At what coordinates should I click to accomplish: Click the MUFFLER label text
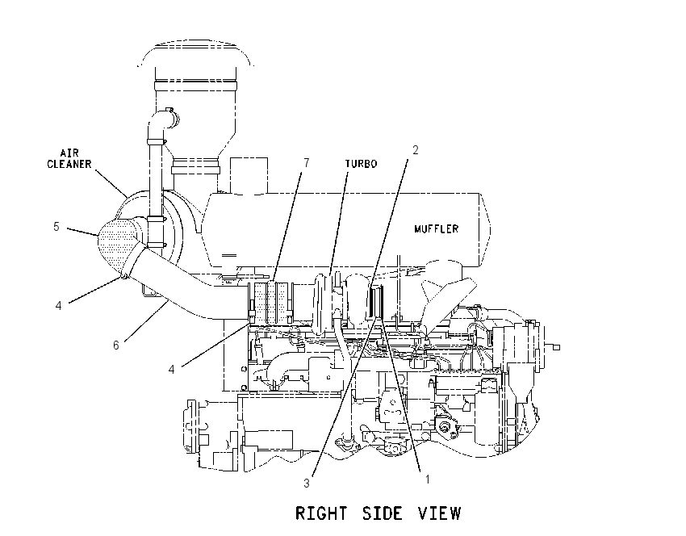[x=436, y=228]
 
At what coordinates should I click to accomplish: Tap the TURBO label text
[x=361, y=164]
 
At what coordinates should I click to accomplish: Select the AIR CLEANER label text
[x=69, y=159]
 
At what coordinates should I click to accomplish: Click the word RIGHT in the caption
[x=321, y=513]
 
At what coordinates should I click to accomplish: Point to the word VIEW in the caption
[x=439, y=513]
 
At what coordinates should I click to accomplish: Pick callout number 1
[x=428, y=479]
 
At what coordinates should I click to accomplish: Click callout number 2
[x=415, y=150]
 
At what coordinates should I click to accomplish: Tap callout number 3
[x=307, y=483]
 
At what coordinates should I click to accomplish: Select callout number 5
[x=56, y=227]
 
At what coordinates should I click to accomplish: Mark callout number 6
[x=116, y=345]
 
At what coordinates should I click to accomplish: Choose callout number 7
[x=306, y=163]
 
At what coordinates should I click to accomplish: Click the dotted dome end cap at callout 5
[x=116, y=247]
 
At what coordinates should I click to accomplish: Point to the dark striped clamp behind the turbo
[x=375, y=300]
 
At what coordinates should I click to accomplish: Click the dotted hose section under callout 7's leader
[x=271, y=304]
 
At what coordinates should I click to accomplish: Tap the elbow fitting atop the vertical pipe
[x=161, y=123]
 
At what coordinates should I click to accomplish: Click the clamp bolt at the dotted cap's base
[x=123, y=276]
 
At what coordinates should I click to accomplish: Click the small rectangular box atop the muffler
[x=249, y=175]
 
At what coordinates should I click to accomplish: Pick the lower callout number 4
[x=171, y=370]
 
